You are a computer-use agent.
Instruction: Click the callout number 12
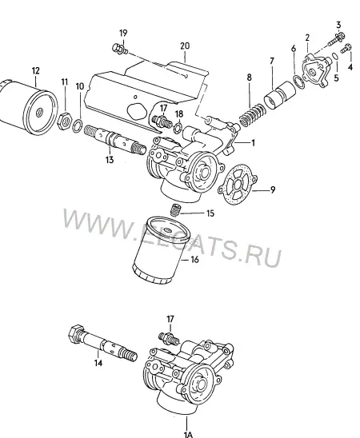(x=36, y=70)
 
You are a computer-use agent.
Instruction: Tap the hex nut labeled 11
(x=65, y=121)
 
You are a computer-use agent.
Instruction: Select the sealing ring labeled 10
(x=78, y=125)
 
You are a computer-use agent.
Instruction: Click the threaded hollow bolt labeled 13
(x=115, y=138)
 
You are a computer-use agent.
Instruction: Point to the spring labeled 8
(x=252, y=115)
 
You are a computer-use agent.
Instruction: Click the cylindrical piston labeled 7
(x=280, y=95)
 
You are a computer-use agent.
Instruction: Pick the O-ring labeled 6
(x=298, y=82)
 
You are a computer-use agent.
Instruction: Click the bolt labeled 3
(x=336, y=40)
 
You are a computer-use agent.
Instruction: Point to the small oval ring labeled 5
(x=335, y=56)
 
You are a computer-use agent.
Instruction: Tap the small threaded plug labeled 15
(x=176, y=210)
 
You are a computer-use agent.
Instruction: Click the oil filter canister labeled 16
(x=161, y=250)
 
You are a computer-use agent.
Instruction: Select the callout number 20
(x=185, y=46)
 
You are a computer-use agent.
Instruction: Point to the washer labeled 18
(x=178, y=129)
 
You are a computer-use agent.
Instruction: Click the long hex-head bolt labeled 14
(x=103, y=344)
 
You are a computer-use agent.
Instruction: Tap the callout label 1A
(x=188, y=434)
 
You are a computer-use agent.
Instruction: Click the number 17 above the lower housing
(x=170, y=319)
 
